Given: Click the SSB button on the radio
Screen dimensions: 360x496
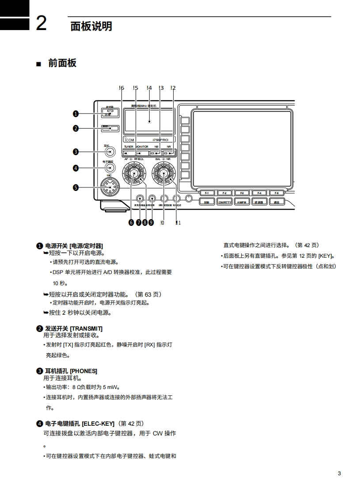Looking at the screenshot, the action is pos(206,202).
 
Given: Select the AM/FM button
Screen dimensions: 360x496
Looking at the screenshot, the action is pos(241,202).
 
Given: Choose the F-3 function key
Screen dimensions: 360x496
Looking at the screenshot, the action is pos(242,193).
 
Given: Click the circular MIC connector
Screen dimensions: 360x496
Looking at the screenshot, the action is pos(109,187).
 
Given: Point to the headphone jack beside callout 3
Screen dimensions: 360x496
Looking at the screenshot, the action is pos(109,152).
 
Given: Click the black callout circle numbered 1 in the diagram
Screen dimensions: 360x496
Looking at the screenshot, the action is pos(76,114).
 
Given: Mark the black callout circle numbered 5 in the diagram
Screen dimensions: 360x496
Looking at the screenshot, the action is pos(76,187).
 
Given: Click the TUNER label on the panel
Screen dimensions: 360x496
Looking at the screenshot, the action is pos(129,146).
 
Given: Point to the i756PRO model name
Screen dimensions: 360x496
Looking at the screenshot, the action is pos(159,140).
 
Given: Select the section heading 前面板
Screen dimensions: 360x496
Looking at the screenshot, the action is pos(62,63).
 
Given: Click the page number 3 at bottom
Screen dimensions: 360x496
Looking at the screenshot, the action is pos(339,474).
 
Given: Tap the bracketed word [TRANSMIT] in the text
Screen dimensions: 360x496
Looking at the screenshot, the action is pos(86,328).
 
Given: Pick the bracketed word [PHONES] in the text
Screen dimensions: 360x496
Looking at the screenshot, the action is pos(83,371).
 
